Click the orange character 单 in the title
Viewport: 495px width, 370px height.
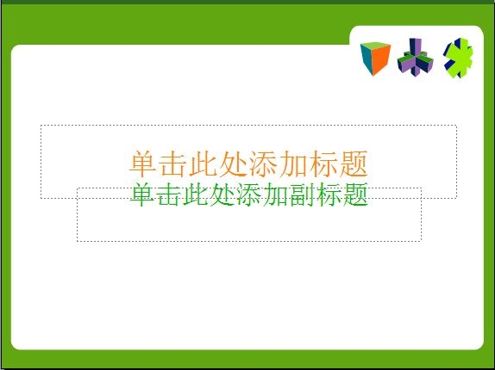click(x=142, y=163)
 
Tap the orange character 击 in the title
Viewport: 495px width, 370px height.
click(x=172, y=163)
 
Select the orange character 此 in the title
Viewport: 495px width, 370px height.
click(x=203, y=163)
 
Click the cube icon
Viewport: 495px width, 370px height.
click(x=375, y=59)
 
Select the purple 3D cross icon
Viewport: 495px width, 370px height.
click(x=415, y=58)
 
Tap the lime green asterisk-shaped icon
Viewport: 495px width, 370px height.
click(x=459, y=58)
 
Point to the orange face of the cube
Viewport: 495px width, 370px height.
click(x=382, y=61)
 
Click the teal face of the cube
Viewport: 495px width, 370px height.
click(x=367, y=59)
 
